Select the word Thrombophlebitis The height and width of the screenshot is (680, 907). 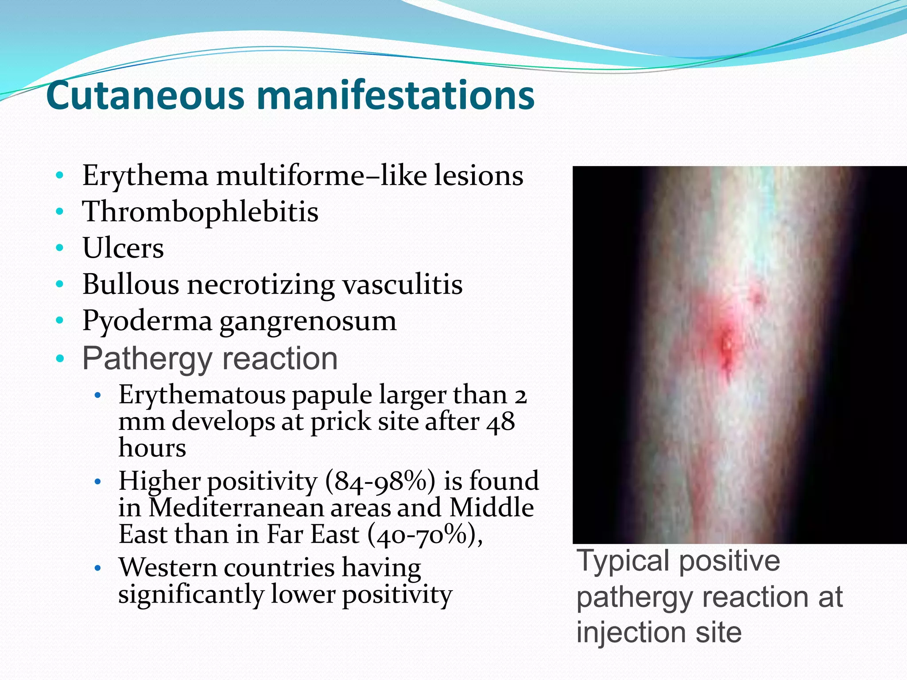tap(200, 212)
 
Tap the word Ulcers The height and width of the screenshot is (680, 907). tap(123, 248)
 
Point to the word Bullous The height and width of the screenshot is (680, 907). tap(130, 284)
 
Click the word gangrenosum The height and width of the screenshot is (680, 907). tap(308, 321)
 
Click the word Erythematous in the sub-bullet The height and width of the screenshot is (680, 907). tap(202, 395)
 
